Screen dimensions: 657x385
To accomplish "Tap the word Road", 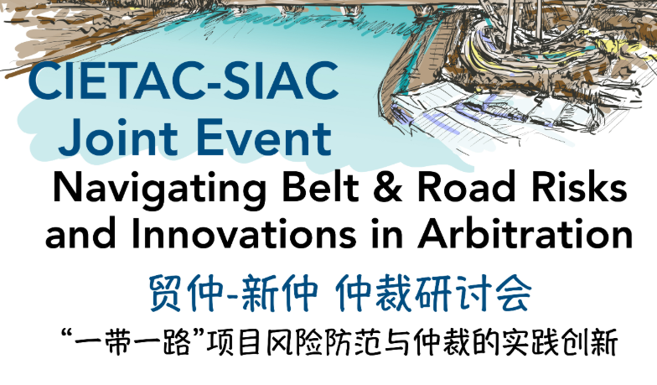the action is point(466,187).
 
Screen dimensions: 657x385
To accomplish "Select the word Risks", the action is point(579,187).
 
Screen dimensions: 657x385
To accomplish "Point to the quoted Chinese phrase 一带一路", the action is point(126,343).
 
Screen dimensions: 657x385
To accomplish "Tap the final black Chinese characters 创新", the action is point(591,343).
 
